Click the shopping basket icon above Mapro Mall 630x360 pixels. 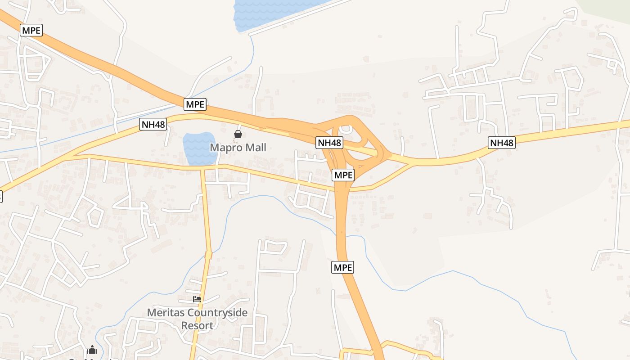pyautogui.click(x=238, y=134)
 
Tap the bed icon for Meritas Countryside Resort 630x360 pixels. pyautogui.click(x=197, y=299)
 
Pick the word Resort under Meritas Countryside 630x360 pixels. pyautogui.click(x=197, y=325)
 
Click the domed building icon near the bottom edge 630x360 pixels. pyautogui.click(x=92, y=349)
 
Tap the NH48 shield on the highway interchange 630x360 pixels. pyautogui.click(x=329, y=143)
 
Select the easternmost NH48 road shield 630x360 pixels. pyautogui.click(x=501, y=143)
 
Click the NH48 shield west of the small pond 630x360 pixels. pyautogui.click(x=153, y=124)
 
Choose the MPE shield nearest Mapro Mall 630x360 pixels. pyautogui.click(x=195, y=104)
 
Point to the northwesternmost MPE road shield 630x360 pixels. pyautogui.click(x=31, y=30)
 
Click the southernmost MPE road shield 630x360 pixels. pyautogui.click(x=343, y=267)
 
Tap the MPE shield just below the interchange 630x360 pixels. pyautogui.click(x=343, y=175)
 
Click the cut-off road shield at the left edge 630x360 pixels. pyautogui.click(x=1, y=196)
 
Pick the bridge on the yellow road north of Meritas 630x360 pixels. pyautogui.click(x=208, y=255)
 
